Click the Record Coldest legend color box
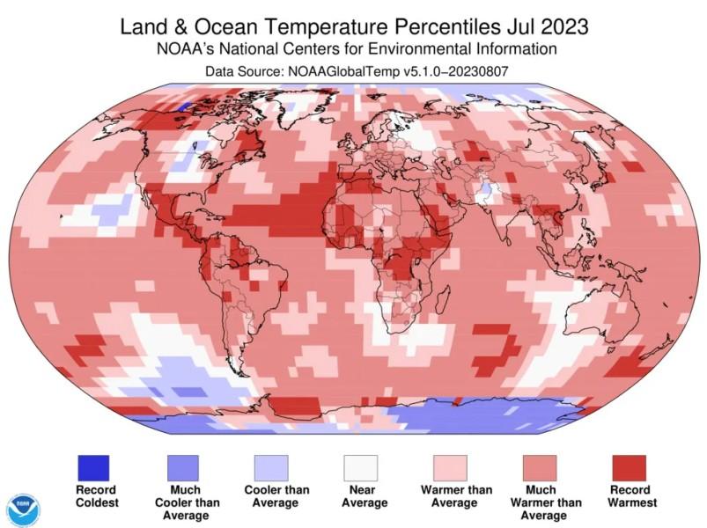tap(92, 467)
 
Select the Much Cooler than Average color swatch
tap(182, 467)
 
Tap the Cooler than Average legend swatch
tap(271, 467)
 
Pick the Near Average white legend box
tap(360, 467)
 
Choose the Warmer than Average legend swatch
tap(450, 467)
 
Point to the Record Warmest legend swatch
tap(628, 467)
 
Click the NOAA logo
tap(24, 510)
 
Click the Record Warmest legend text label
tap(628, 496)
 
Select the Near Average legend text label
tap(360, 496)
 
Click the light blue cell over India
tap(483, 189)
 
